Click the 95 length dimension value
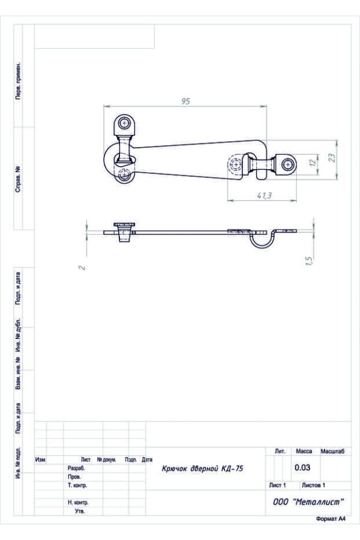click(x=185, y=101)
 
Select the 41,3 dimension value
click(x=264, y=195)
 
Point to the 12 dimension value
click(x=313, y=162)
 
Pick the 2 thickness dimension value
click(x=82, y=267)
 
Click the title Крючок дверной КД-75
click(x=202, y=469)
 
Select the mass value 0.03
click(x=302, y=467)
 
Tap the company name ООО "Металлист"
click(x=308, y=502)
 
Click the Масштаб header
click(x=332, y=451)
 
